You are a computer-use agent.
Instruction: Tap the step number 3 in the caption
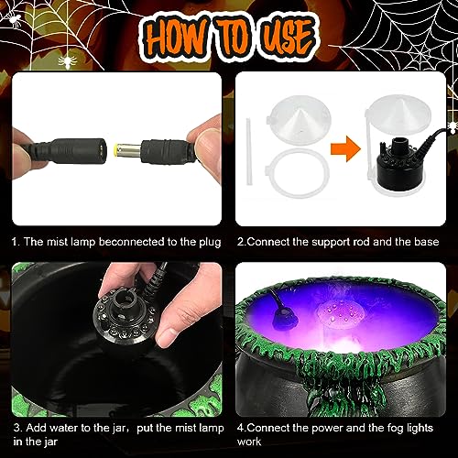(16, 427)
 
